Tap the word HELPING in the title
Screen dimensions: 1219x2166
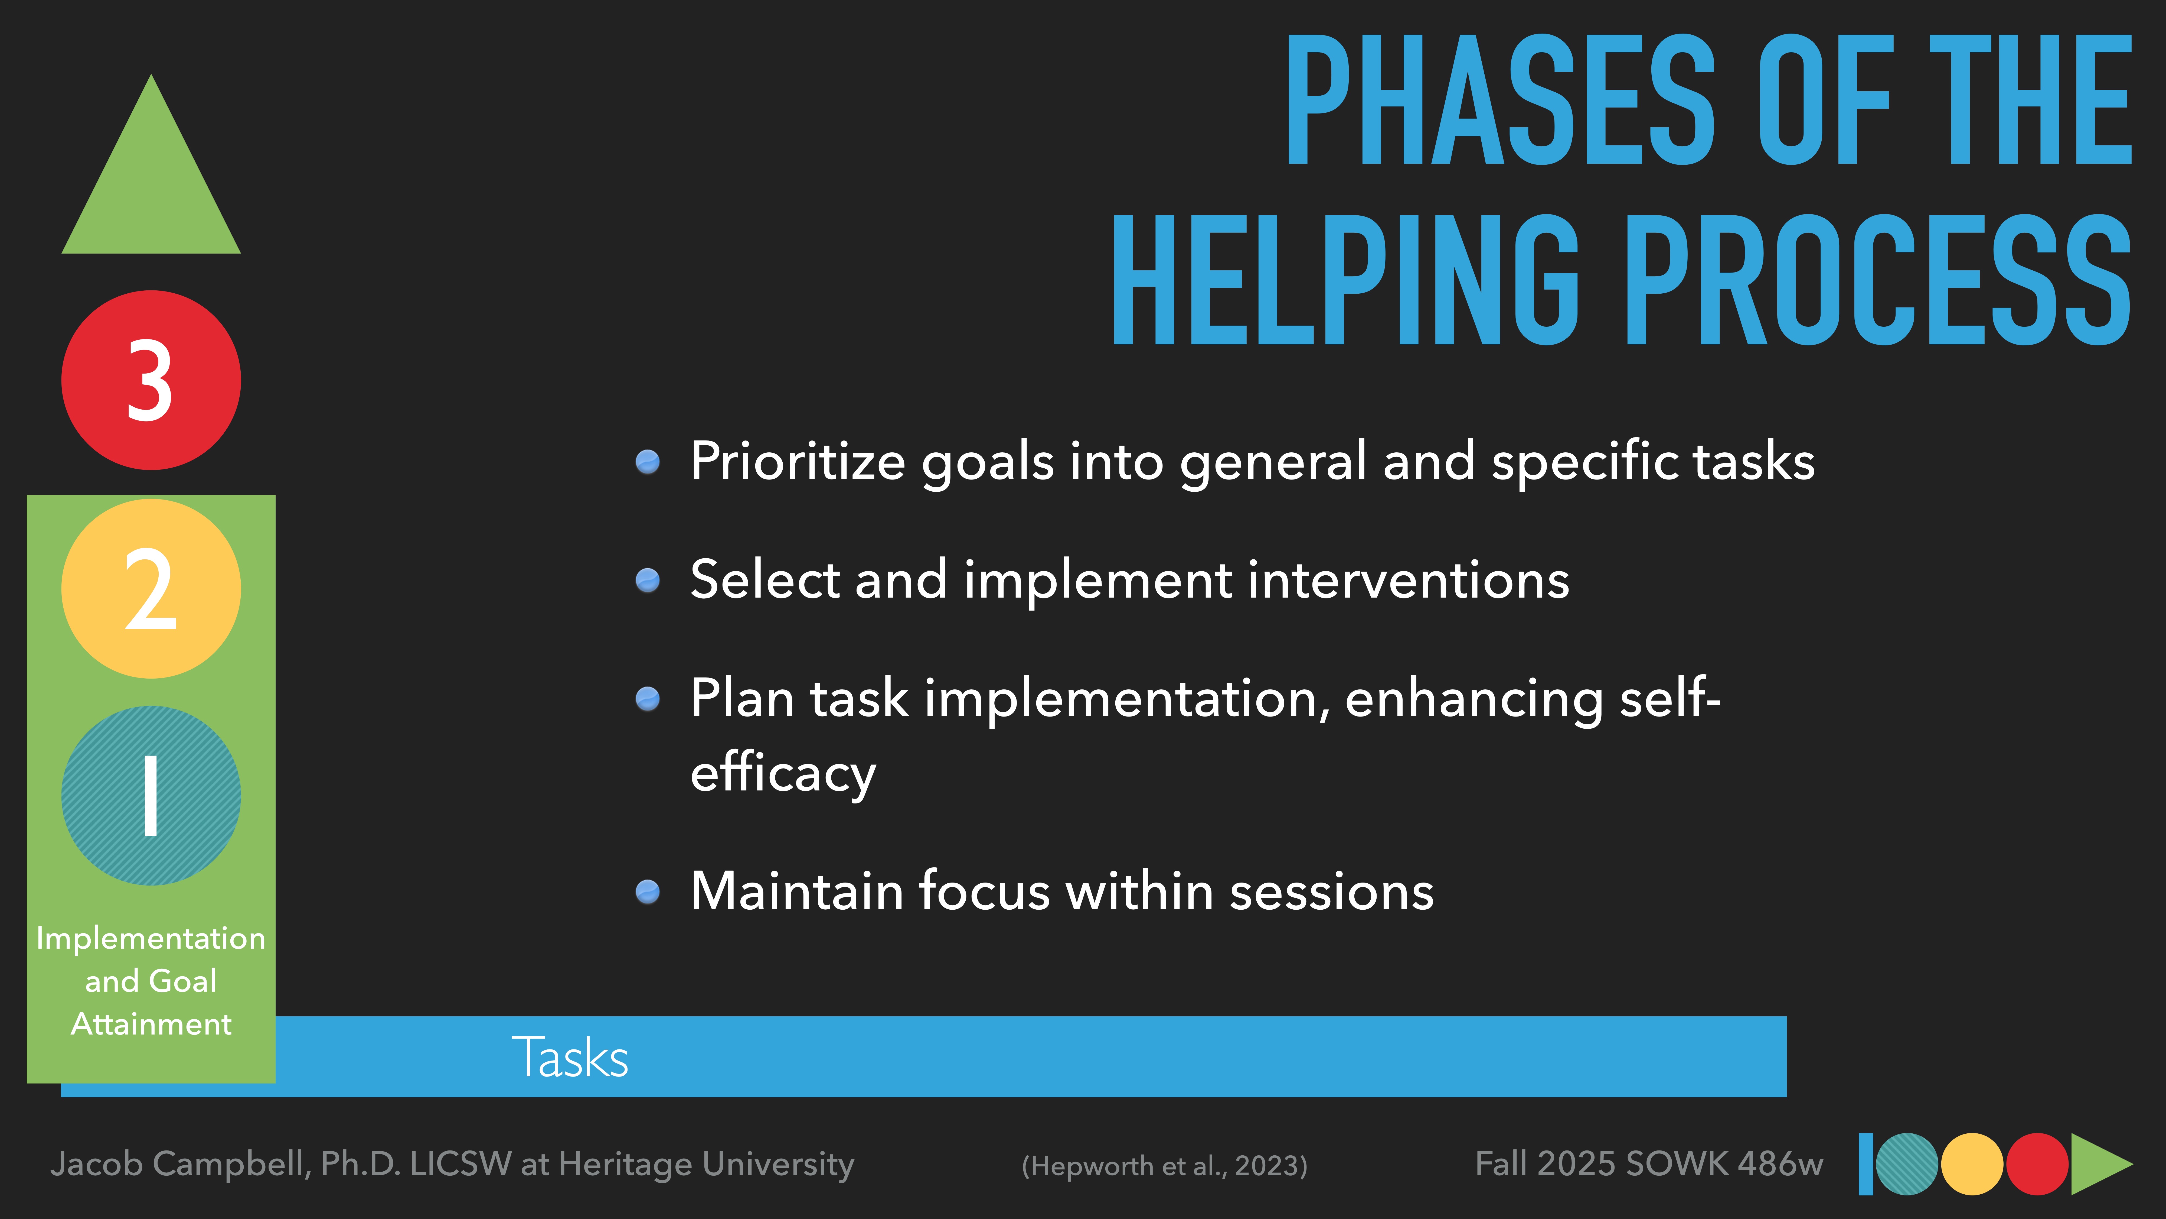click(x=1345, y=280)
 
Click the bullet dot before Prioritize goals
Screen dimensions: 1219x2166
click(x=648, y=462)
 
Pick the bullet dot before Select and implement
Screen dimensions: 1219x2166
click(x=648, y=581)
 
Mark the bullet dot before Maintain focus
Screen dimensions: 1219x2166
click(x=648, y=892)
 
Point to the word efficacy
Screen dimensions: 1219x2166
click(x=782, y=772)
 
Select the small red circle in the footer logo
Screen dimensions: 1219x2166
click(x=2037, y=1164)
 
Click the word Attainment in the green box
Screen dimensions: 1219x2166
click(x=151, y=1024)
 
